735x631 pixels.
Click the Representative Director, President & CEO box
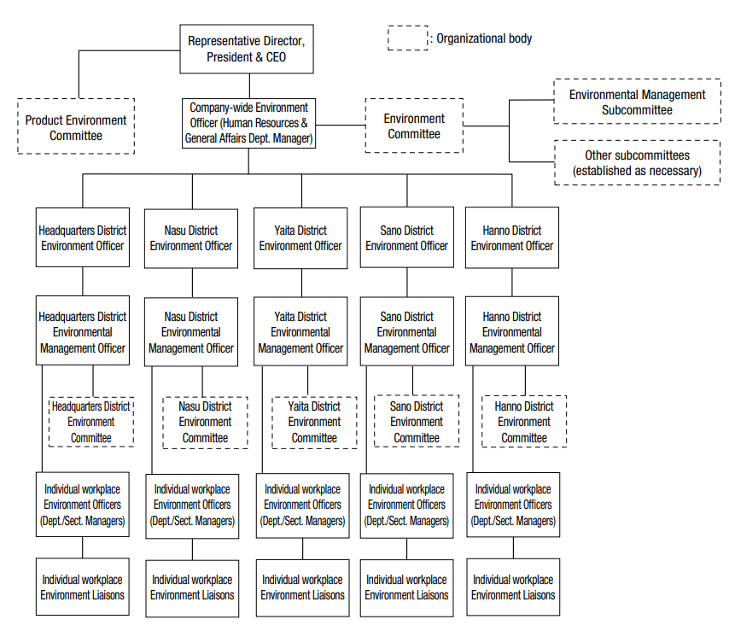(x=247, y=49)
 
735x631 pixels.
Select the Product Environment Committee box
(x=76, y=126)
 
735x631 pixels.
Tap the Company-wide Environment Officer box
(x=248, y=123)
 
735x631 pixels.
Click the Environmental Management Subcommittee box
(x=637, y=102)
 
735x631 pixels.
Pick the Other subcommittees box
(x=637, y=163)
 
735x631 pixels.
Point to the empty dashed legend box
(x=407, y=38)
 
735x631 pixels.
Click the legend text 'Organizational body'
(x=484, y=38)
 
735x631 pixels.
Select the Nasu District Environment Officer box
(x=190, y=238)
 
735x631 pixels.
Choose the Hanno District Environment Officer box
(x=512, y=237)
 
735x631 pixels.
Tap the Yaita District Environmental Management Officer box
(x=300, y=331)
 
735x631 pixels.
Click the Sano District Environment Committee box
(x=417, y=421)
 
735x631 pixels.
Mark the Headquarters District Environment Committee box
(x=91, y=422)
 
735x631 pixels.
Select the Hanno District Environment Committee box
(x=524, y=421)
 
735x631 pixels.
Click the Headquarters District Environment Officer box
(x=83, y=237)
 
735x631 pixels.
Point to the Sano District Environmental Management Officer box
(x=407, y=331)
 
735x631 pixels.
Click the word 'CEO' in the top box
(x=276, y=57)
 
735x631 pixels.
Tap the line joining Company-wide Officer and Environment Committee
(x=341, y=126)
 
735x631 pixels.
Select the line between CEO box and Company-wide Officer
(x=249, y=85)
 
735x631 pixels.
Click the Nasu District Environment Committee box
(x=206, y=423)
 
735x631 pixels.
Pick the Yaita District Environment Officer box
(x=300, y=238)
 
